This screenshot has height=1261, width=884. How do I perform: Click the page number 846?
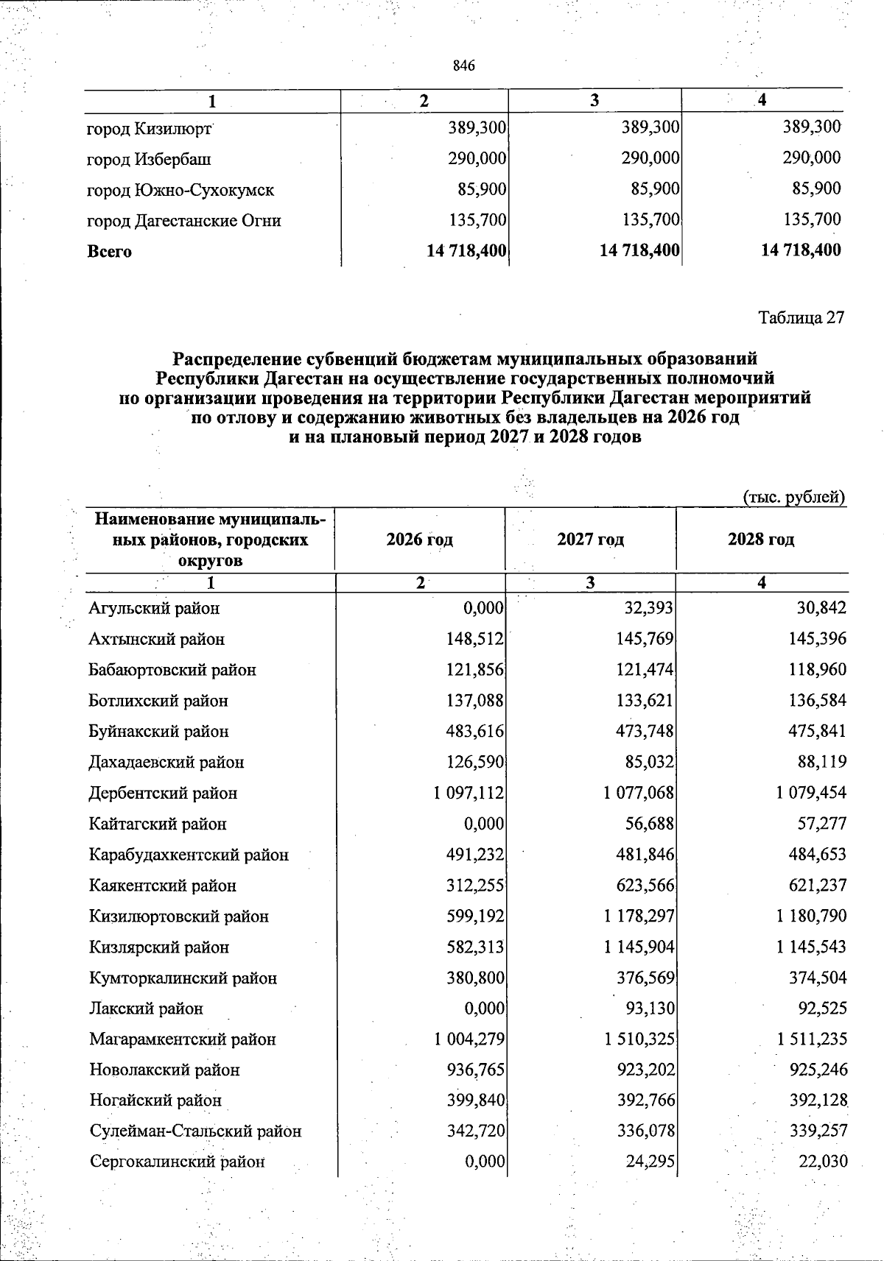point(464,66)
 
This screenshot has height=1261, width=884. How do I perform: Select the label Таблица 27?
point(801,318)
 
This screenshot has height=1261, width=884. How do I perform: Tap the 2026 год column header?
point(420,540)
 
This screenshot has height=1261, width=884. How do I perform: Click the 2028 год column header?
point(761,540)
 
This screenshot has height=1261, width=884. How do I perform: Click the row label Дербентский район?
point(163,794)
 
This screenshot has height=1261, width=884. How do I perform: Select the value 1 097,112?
point(469,794)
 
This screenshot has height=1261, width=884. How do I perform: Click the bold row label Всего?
point(110,252)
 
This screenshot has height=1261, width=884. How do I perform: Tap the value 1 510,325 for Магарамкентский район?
point(639,1039)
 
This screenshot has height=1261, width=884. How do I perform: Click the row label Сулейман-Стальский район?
point(195,1131)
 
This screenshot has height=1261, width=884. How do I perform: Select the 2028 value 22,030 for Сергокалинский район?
point(823,1162)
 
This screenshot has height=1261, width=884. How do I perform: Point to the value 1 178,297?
point(639,916)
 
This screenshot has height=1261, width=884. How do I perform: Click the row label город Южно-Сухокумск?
point(180,190)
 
